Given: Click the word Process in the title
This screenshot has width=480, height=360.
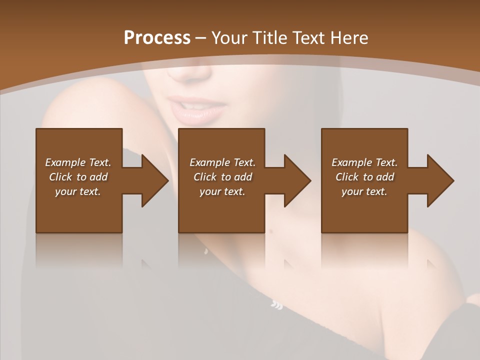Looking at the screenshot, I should [157, 38].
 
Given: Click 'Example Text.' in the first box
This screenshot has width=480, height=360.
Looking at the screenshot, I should [78, 162].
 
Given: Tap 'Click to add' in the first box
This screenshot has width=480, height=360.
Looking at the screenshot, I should [78, 177].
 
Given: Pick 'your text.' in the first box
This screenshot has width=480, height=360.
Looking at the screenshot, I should [78, 191].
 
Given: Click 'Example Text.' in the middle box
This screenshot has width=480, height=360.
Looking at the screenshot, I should [222, 162].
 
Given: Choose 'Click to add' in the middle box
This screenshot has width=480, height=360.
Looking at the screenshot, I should [222, 177].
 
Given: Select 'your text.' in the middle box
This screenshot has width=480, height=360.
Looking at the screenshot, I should [222, 191].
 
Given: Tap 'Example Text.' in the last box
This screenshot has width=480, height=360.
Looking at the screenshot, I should [364, 162].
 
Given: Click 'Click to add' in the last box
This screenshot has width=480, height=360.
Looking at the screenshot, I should [364, 177].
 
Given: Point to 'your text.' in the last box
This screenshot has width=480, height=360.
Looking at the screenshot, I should [364, 191].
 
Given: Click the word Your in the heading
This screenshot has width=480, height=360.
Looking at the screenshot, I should [229, 38].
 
